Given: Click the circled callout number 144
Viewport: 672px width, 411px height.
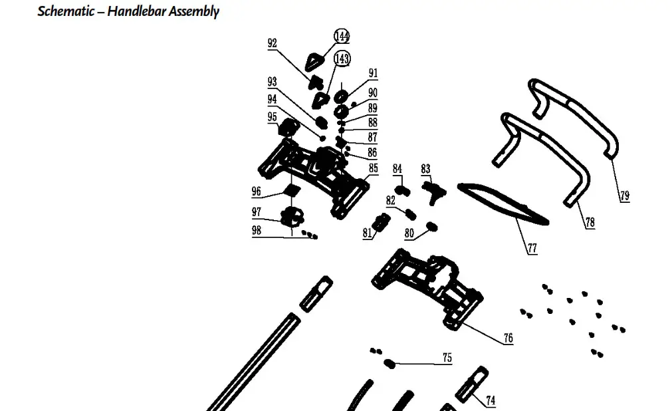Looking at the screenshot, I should coord(342,36).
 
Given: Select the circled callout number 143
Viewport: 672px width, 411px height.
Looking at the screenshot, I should coord(342,59).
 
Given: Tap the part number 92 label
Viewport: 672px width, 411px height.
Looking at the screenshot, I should coord(272,43).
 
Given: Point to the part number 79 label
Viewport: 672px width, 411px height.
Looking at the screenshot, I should coord(624,196).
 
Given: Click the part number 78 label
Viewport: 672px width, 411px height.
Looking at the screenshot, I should coord(590,223).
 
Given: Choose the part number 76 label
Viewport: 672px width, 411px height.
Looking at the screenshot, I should coord(508,339).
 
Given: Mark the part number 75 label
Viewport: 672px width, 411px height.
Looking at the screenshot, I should coord(447,358).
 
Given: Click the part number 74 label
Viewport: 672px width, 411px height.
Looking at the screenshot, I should coord(491,400).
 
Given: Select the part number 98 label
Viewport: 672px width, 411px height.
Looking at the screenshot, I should coord(256,231).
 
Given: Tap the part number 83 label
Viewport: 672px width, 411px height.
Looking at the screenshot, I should coord(425,169).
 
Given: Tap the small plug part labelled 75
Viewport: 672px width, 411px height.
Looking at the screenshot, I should coord(390,363).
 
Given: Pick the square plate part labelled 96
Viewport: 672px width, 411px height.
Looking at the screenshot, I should coord(290,191).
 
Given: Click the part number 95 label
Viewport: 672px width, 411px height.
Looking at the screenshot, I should coord(272,117).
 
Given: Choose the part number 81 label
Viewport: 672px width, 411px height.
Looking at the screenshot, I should coord(368,233).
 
